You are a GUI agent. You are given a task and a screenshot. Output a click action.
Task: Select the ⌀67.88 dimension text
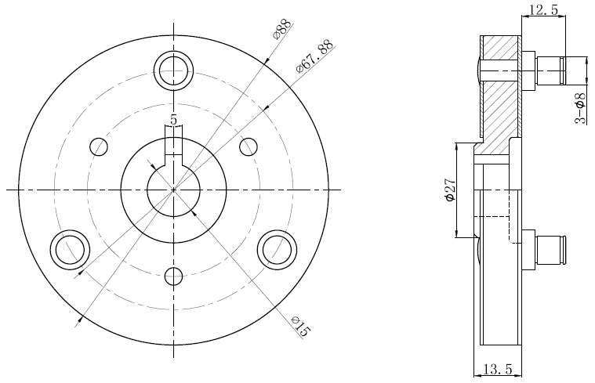[315, 56]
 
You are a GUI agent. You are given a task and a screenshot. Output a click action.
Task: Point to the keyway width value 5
[173, 120]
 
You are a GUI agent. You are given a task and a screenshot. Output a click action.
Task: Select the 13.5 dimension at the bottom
[497, 369]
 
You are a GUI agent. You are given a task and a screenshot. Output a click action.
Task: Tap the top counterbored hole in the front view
[173, 70]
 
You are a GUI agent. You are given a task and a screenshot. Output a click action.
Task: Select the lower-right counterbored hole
[277, 250]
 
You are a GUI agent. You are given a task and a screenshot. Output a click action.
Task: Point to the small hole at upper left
[99, 146]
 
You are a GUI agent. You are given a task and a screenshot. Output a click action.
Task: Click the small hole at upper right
[249, 146]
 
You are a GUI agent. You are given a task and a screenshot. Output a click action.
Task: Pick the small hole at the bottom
[173, 276]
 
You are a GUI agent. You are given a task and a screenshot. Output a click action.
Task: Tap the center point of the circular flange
[173, 190]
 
